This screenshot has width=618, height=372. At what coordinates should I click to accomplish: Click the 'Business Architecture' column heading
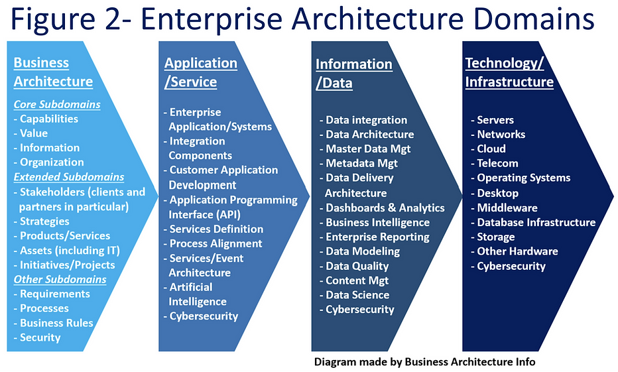pyautogui.click(x=53, y=72)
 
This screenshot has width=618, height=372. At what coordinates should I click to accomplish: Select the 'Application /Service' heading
pyautogui.click(x=200, y=72)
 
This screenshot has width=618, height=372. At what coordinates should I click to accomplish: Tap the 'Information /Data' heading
pyautogui.click(x=353, y=74)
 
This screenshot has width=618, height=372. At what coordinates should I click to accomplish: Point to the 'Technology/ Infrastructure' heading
pyautogui.click(x=509, y=72)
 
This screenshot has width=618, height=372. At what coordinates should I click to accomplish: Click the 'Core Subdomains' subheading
pyautogui.click(x=57, y=104)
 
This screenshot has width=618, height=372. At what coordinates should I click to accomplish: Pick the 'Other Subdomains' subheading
pyautogui.click(x=60, y=279)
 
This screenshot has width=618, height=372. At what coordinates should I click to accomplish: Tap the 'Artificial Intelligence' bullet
pyautogui.click(x=198, y=294)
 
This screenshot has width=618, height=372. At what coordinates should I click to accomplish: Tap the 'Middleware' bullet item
pyautogui.click(x=507, y=208)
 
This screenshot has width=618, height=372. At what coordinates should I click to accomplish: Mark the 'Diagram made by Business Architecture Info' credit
pyautogui.click(x=424, y=361)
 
